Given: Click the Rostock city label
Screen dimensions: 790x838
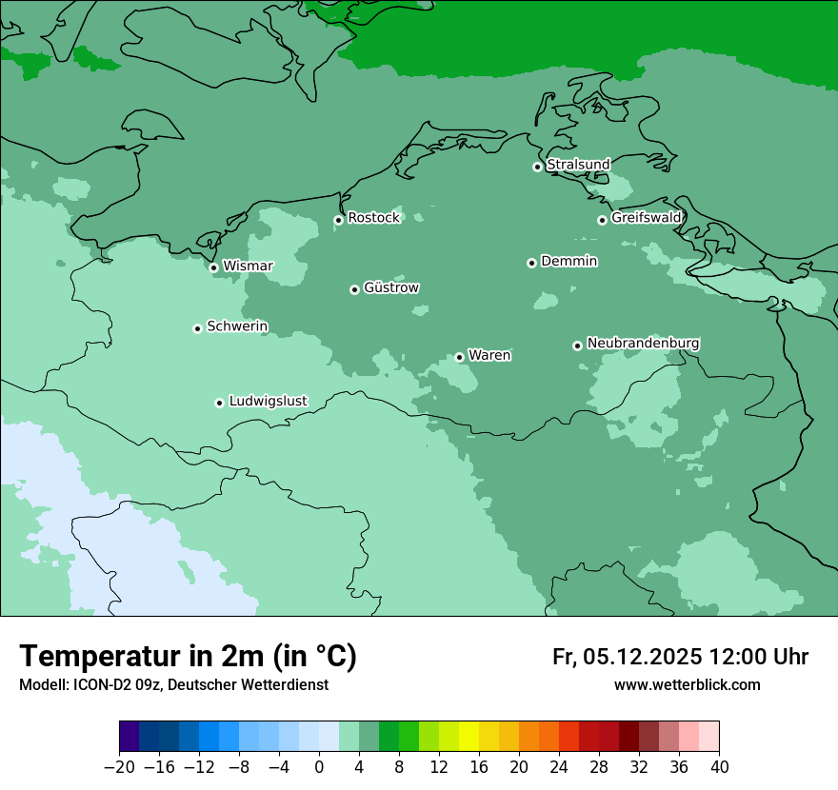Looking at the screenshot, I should (373, 218).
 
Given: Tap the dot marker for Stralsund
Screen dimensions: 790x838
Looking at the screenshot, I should (537, 167).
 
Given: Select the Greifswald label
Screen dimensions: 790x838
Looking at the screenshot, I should (646, 218).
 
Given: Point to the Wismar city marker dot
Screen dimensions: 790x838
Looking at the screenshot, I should (213, 267).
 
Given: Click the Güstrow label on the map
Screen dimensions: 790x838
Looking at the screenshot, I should (390, 287).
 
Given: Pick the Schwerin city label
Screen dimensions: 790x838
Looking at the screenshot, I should (237, 326).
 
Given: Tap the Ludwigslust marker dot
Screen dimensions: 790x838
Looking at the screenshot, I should (219, 403).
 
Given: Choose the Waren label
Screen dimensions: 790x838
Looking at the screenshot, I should (489, 355).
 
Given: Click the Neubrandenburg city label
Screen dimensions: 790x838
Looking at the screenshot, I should (643, 343).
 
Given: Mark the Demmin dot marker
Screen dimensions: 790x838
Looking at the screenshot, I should (531, 263).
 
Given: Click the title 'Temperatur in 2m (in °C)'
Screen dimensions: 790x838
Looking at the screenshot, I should (188, 656).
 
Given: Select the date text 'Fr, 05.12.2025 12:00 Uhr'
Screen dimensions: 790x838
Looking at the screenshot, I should (680, 657).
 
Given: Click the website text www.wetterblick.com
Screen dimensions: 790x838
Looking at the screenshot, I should (687, 684).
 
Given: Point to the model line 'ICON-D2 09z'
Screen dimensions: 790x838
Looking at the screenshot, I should (173, 684).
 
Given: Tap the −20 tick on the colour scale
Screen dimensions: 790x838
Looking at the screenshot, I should (119, 767).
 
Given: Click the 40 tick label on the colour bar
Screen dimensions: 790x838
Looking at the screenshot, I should (719, 767).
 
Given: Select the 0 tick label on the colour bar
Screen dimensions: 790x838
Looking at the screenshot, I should (319, 767).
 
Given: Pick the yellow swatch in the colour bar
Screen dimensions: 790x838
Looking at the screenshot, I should (469, 737).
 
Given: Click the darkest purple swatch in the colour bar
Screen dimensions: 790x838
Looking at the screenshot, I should (129, 737).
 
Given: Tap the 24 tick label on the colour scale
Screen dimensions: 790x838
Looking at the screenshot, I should (559, 767).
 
